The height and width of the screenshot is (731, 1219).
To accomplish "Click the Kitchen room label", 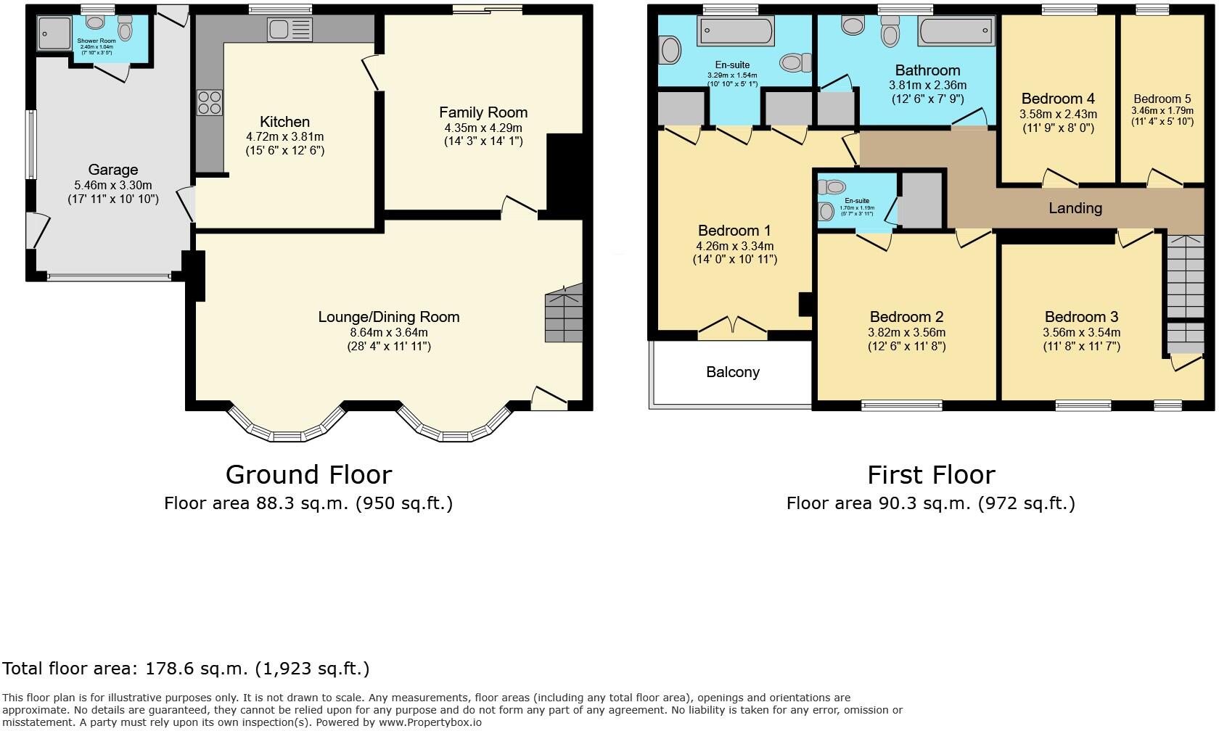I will click(x=284, y=122).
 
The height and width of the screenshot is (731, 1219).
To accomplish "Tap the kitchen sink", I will click(x=289, y=30).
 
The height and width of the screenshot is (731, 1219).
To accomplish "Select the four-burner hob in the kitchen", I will click(x=209, y=102).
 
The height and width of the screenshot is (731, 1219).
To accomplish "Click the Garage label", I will click(x=112, y=170).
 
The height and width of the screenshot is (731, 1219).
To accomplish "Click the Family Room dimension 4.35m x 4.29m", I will click(x=483, y=128).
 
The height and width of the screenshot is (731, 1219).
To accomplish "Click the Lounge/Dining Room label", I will click(x=389, y=317).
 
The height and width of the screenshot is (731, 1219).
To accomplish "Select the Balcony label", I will click(x=732, y=372).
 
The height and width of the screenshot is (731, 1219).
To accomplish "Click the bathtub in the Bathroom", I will click(x=956, y=32).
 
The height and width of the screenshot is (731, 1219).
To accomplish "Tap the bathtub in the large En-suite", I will click(x=735, y=31).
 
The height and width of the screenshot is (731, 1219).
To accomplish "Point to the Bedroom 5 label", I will click(x=1162, y=99).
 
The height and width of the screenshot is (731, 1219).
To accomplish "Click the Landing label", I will click(x=1075, y=208).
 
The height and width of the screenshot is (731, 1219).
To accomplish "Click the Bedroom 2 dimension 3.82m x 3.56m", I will click(x=906, y=332).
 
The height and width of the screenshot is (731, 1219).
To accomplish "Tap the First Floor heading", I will click(x=931, y=475).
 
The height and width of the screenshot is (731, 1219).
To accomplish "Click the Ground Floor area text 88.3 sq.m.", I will click(x=308, y=503).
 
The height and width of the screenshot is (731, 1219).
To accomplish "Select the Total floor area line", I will click(x=186, y=669).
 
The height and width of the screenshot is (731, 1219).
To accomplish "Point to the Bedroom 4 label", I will click(x=1058, y=99).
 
